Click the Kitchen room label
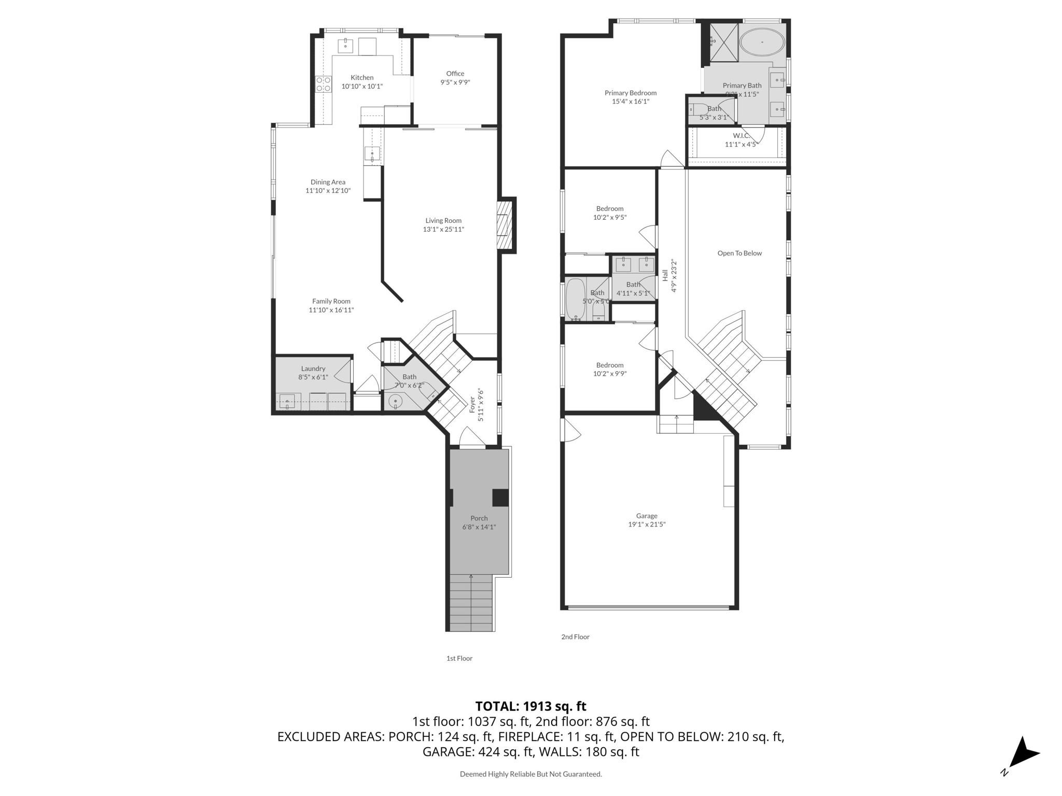[x=361, y=77]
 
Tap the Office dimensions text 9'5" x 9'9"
[x=455, y=82]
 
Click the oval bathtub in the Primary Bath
[x=761, y=42]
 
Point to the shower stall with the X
[x=723, y=42]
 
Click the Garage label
[x=646, y=516]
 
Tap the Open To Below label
[x=739, y=253]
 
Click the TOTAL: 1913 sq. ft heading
[x=530, y=706]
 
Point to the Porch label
[x=479, y=518]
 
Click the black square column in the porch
[x=500, y=497]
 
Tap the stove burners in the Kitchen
[x=324, y=84]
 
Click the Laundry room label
[x=313, y=368]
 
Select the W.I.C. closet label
[x=741, y=136]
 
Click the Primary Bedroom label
[x=630, y=93]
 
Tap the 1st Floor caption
[x=459, y=658]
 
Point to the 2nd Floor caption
[x=575, y=636]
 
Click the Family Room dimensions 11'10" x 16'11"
[x=331, y=310]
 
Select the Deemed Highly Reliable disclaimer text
[x=530, y=774]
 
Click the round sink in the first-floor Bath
[x=396, y=401]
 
